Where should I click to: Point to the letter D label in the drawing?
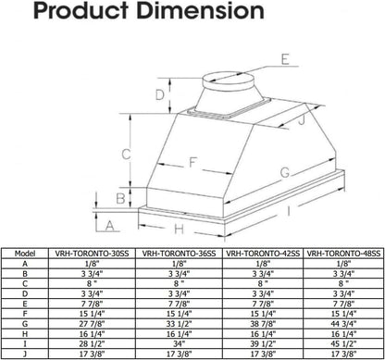click(x=160, y=95)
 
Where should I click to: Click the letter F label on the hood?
click(x=191, y=163)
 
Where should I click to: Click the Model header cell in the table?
click(x=27, y=252)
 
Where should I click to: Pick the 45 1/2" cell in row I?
click(x=341, y=343)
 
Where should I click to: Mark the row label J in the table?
click(x=27, y=354)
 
